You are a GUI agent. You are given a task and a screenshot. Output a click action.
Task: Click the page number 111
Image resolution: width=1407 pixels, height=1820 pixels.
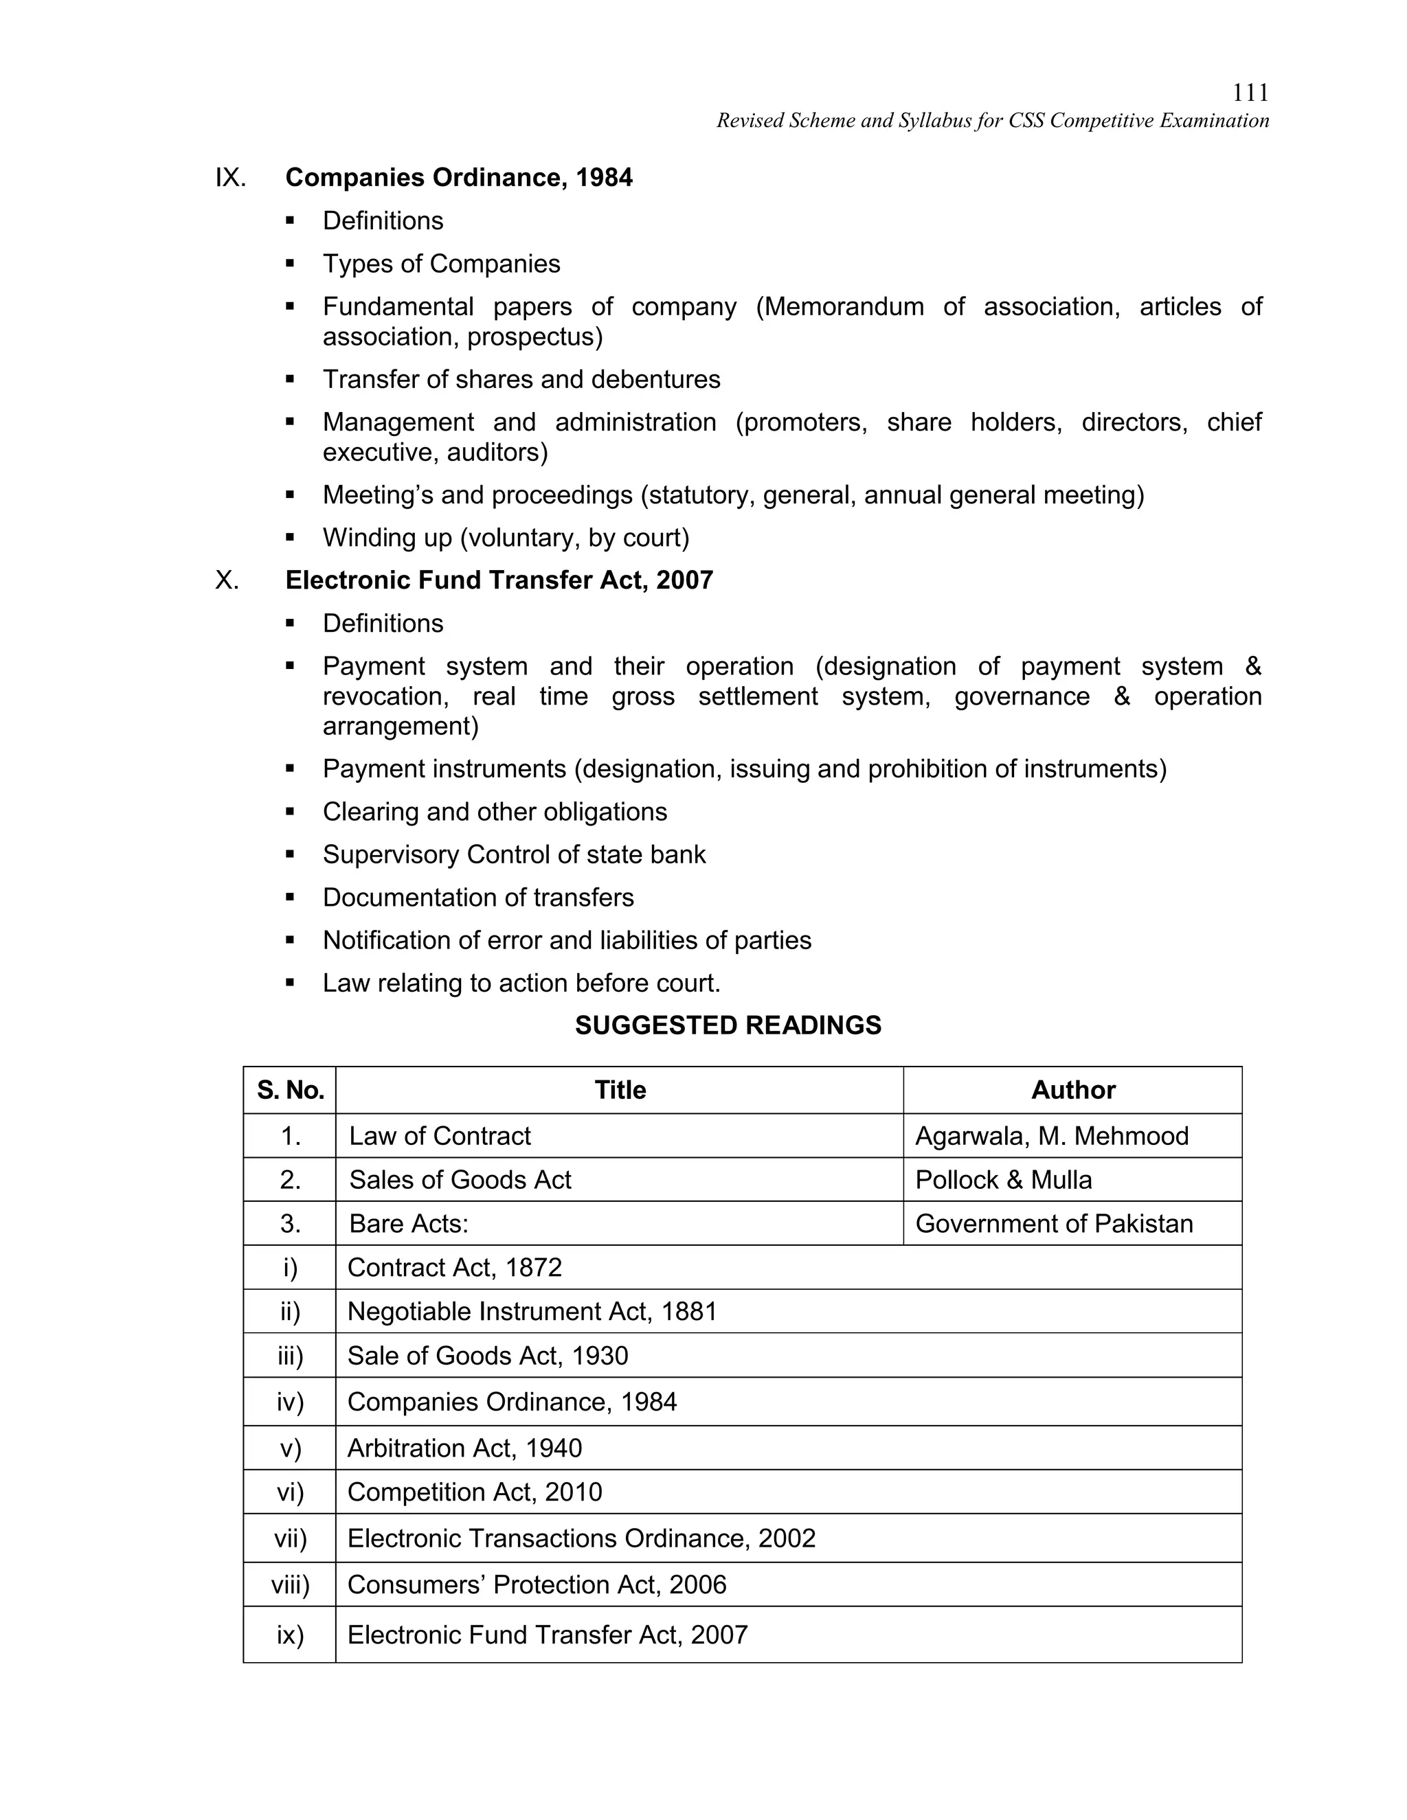1250,93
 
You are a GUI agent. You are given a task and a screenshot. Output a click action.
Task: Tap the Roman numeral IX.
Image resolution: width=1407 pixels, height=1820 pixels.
230,177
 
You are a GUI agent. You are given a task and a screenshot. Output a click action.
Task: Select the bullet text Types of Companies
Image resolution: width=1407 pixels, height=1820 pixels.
441,264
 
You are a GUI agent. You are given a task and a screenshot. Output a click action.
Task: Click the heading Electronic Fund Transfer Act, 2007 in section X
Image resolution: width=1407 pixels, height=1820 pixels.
499,580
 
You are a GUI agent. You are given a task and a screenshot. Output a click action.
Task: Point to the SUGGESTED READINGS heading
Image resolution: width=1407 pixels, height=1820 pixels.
728,1025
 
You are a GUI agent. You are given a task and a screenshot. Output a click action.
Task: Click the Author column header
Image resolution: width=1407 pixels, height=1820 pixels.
1072,1090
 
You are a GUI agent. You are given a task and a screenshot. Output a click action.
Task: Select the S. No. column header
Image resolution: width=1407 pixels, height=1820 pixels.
290,1090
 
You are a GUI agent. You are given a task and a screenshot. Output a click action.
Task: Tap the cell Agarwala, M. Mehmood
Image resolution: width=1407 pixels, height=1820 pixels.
1051,1136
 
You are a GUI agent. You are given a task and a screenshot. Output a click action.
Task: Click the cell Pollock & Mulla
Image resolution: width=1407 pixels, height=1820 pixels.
1003,1180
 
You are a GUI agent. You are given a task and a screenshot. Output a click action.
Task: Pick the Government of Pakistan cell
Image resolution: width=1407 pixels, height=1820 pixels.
1054,1223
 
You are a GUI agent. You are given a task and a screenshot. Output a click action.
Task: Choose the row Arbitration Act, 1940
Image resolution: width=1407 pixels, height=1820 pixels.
464,1448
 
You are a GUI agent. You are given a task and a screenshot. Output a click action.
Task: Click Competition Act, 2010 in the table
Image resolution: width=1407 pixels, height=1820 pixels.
474,1492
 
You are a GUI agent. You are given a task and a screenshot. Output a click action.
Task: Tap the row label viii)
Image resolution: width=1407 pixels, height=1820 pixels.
290,1584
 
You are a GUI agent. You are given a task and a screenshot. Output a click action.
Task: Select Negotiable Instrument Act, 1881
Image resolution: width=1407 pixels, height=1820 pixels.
532,1312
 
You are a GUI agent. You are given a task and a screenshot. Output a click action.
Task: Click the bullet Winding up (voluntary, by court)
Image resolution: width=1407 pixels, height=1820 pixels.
506,538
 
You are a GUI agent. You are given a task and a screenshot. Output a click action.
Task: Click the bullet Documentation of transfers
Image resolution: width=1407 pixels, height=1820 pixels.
477,898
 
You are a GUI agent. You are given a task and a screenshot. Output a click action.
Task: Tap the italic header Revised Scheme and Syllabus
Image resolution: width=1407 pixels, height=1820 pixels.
992,121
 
